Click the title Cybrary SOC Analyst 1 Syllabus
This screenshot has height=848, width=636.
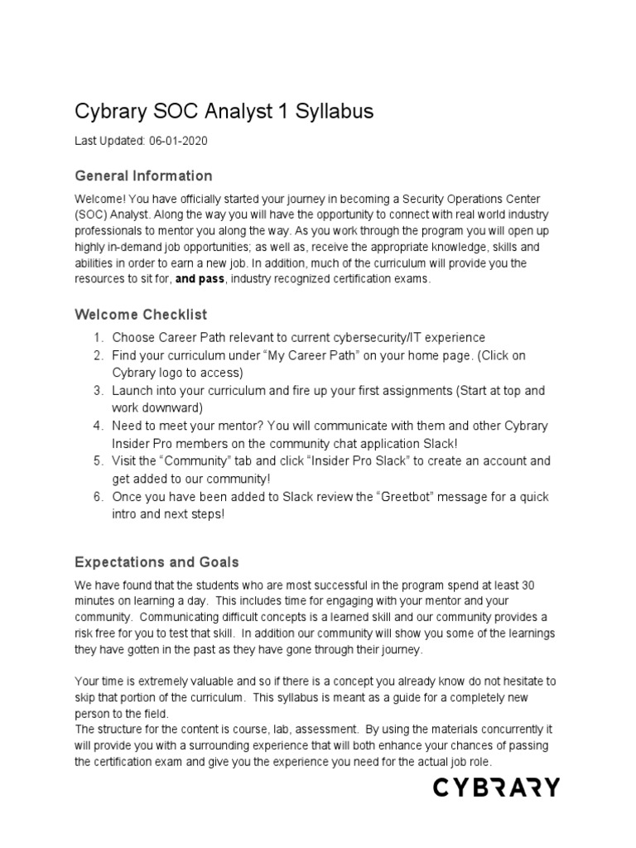pos(224,111)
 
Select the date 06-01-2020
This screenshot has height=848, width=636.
pos(178,142)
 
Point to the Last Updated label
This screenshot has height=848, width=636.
pos(109,142)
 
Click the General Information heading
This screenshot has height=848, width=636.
pos(143,176)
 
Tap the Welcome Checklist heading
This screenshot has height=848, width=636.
pos(141,315)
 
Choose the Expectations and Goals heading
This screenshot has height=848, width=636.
pos(157,562)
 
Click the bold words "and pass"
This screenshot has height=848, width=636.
pos(200,280)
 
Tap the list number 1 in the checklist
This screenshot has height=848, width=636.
pos(97,338)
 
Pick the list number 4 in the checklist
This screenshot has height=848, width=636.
pos(97,426)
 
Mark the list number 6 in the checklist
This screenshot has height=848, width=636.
pos(97,497)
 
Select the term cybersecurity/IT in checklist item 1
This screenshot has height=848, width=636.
pos(383,338)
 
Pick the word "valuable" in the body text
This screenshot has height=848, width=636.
pos(217,681)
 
